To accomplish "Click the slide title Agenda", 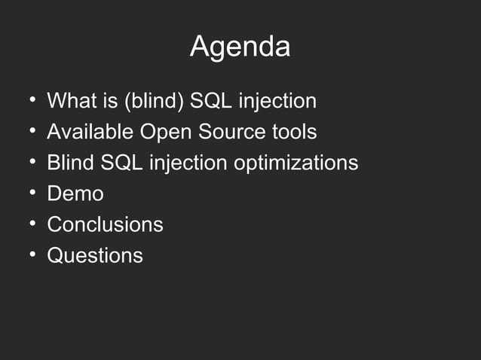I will coord(240,47).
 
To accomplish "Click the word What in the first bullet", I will coord(69,101).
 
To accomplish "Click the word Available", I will coord(90,132).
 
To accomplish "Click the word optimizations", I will coord(296,163).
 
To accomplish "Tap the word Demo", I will coord(75,194).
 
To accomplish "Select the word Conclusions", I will coord(105,224).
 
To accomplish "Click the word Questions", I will coord(95,255).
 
